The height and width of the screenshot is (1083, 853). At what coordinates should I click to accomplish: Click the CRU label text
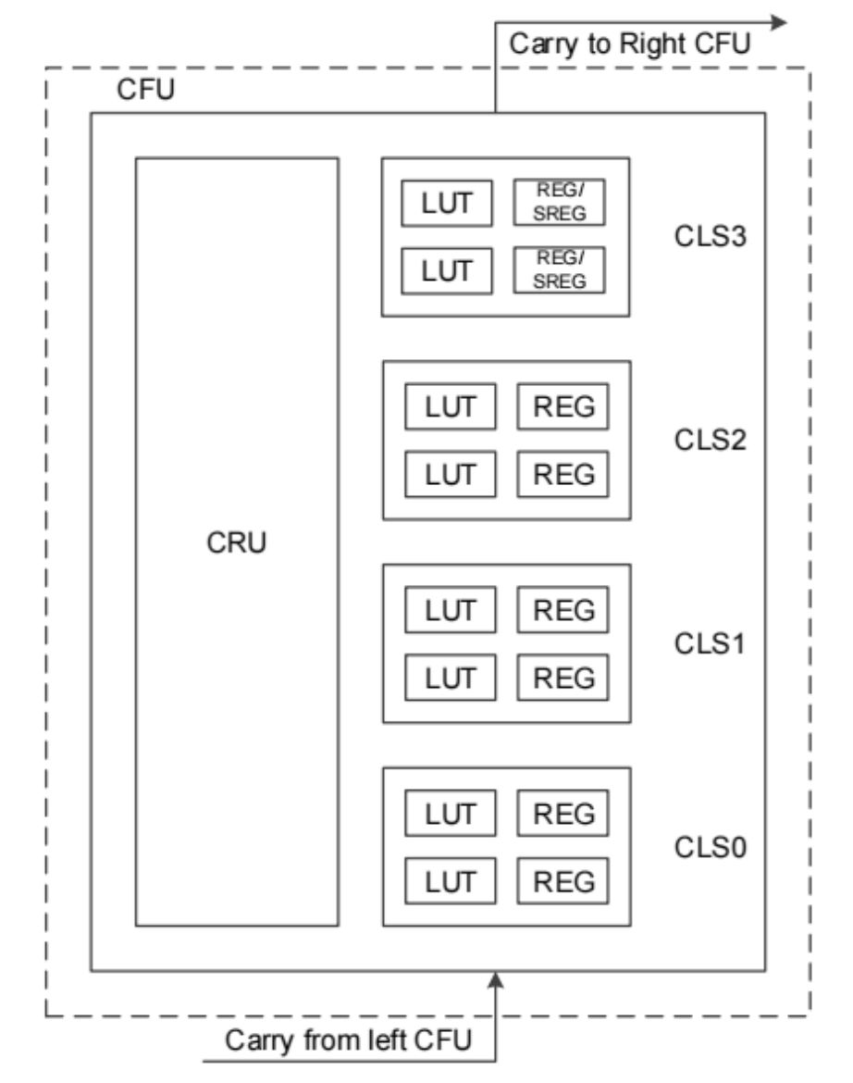click(236, 543)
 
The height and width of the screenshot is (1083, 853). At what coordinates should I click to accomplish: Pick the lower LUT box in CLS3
click(448, 269)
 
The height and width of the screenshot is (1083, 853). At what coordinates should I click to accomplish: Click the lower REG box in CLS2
click(563, 473)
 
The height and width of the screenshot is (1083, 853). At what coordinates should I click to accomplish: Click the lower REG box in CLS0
click(563, 879)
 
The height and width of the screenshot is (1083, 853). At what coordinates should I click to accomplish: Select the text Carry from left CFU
click(351, 1041)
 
